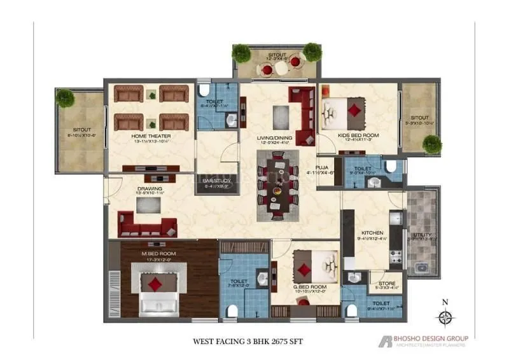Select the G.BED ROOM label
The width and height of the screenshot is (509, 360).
(310, 287)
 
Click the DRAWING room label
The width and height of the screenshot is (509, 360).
(150, 189)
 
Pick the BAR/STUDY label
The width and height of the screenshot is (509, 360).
(216, 181)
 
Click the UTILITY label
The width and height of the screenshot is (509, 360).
(422, 235)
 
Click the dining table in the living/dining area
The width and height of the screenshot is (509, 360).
(277, 184)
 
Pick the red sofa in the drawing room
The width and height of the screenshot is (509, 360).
(148, 226)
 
